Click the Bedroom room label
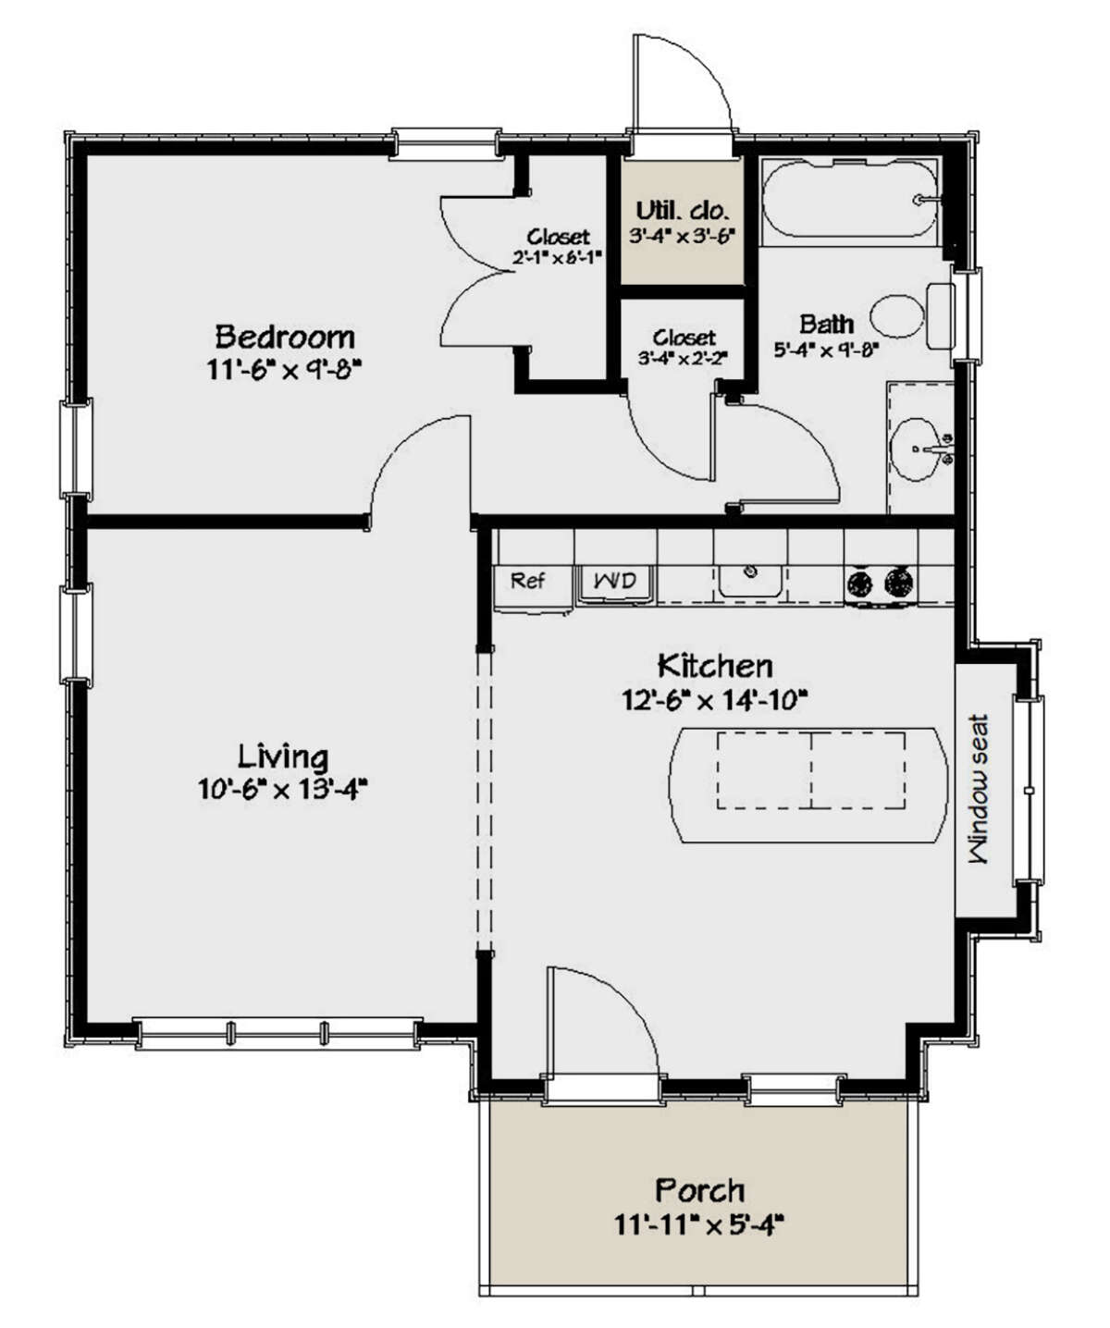tap(284, 335)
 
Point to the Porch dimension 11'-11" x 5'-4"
tap(699, 1226)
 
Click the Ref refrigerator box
tap(527, 582)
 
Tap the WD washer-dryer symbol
tap(615, 582)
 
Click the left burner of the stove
tap(859, 583)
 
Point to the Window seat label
tap(978, 789)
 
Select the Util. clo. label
tap(682, 210)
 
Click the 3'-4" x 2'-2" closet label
tap(684, 338)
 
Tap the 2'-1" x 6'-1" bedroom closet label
tap(559, 238)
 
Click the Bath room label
tap(826, 325)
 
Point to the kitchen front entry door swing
tap(601, 1017)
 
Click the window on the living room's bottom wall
tap(277, 1032)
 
